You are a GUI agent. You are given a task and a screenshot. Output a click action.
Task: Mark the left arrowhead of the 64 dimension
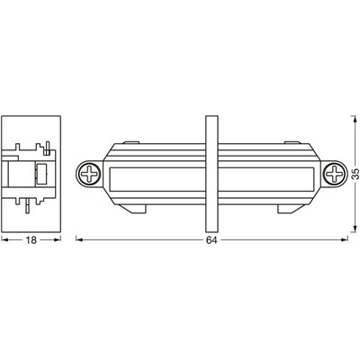tap(77, 239)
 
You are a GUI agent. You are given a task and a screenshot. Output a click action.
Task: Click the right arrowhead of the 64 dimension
tap(345, 239)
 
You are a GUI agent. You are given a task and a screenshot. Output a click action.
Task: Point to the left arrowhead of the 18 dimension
tap(3, 239)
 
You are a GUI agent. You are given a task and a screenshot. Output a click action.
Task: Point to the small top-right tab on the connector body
tap(291, 142)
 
